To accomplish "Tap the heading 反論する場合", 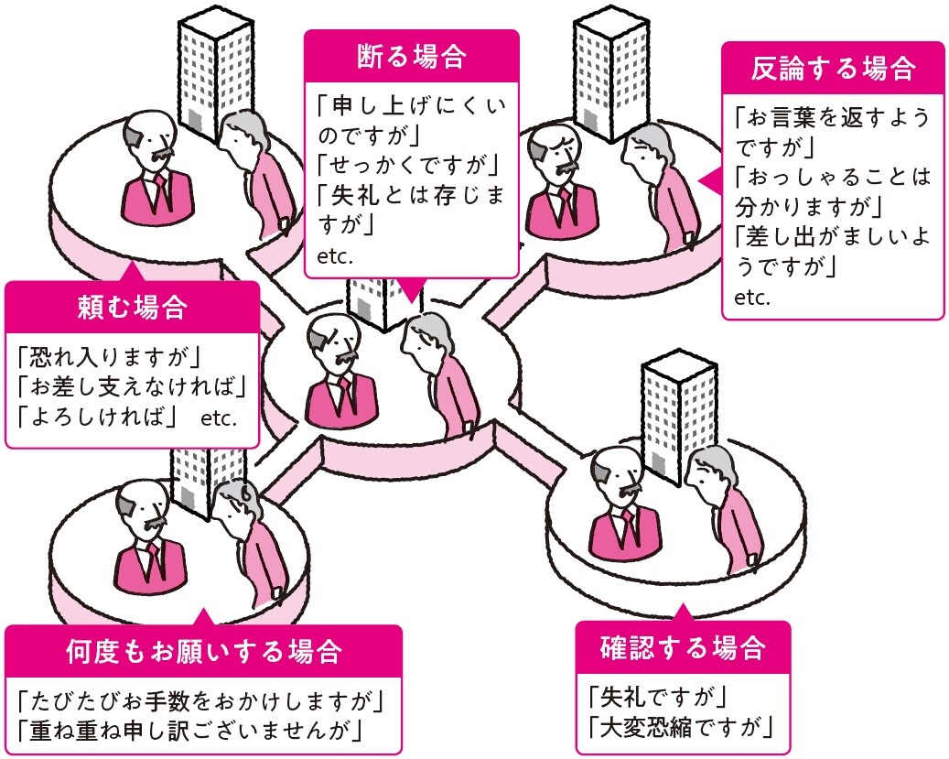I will pos(833,68).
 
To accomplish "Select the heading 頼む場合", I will pos(132,308).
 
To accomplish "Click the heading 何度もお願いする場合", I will pos(203,652).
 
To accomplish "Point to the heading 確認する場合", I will pos(682,648).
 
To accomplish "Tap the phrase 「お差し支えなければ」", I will pos(133,385).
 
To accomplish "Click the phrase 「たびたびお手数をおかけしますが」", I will pos(200,700).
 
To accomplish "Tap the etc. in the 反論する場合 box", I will pos(752,298).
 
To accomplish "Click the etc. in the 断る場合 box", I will pos(334,255).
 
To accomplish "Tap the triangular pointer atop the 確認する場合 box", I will pos(682,611).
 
